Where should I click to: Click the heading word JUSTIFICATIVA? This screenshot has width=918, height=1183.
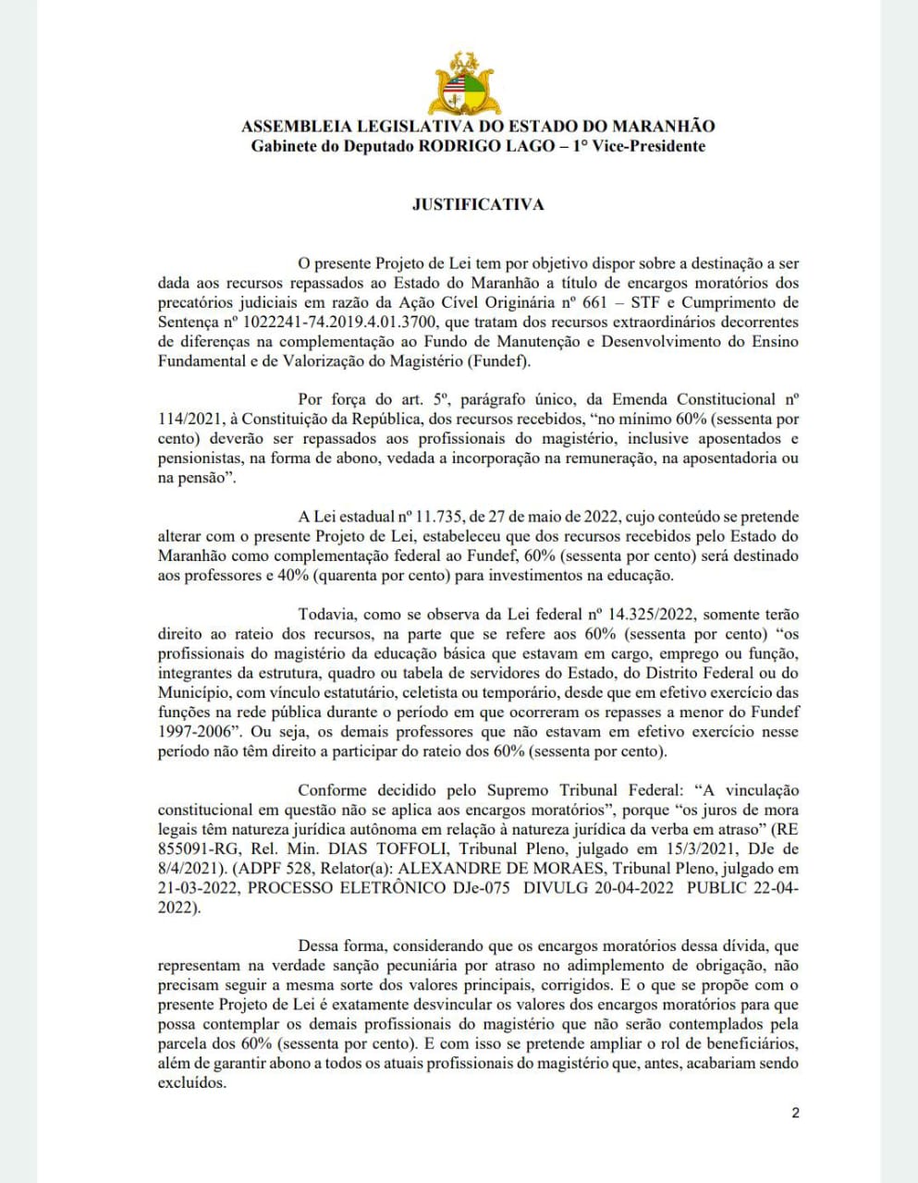478,204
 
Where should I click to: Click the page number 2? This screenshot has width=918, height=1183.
795,1113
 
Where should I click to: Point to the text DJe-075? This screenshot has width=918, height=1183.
476,887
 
